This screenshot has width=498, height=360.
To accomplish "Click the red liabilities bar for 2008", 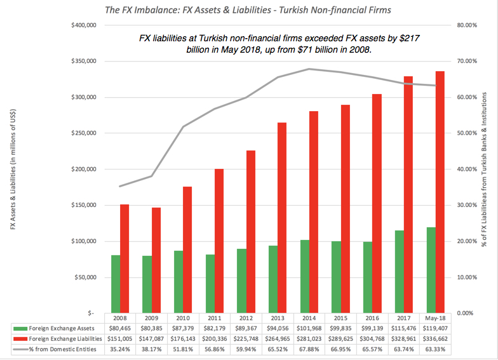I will pyautogui.click(x=125, y=258).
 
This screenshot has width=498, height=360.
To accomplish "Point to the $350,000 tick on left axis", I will pyautogui.click(x=81, y=62).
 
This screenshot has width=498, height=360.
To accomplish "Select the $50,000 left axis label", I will pyautogui.click(x=83, y=277).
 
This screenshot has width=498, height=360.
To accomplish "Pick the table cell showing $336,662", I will pyautogui.click(x=435, y=340).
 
